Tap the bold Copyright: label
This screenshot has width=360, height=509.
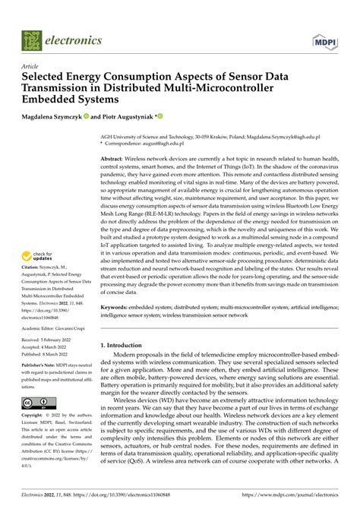[31, 416]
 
